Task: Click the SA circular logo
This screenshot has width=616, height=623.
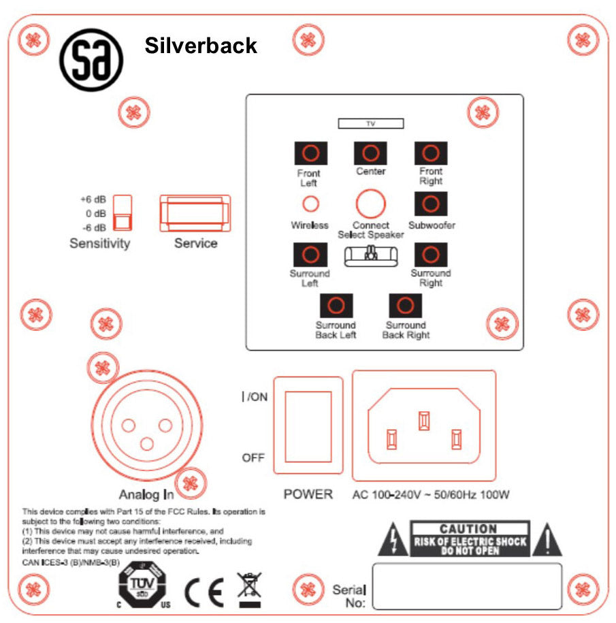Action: coord(91,60)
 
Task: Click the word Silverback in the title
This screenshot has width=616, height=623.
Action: coord(201,46)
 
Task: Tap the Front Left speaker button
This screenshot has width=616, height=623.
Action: coord(310,153)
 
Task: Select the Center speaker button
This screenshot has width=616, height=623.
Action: coord(370,153)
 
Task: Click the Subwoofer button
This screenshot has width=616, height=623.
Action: coord(431,203)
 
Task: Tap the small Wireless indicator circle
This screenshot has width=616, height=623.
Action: coord(310,204)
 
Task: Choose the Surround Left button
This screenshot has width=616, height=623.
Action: coord(310,255)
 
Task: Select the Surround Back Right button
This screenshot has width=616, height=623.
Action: coord(405,305)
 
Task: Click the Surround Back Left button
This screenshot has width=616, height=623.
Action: coord(336,305)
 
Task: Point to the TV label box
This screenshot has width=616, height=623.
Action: coord(371,123)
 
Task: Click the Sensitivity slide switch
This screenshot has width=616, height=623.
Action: coord(122,214)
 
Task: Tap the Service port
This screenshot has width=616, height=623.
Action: coord(195,213)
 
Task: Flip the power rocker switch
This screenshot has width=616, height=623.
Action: coord(308,426)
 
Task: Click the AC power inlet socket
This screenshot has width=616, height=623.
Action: coord(423,426)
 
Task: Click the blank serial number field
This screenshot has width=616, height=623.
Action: coord(466,586)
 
